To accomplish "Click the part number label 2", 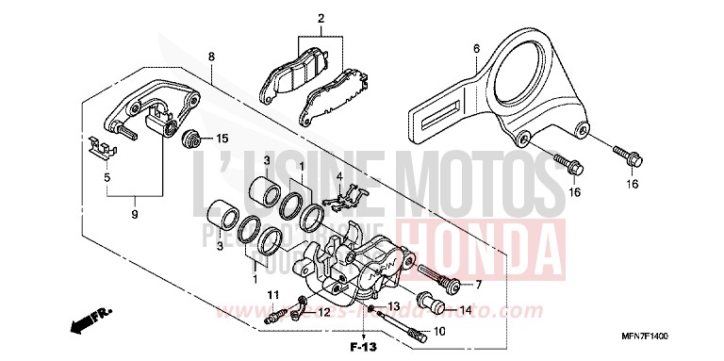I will pos(320,19).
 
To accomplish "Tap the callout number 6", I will pos(476,48).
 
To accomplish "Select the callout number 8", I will pos(212,57).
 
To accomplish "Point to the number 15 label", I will pos(222,138).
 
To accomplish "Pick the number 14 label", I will pos(465,310).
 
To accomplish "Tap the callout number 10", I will pos(438,332).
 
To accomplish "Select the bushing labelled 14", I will pos(433,307).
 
